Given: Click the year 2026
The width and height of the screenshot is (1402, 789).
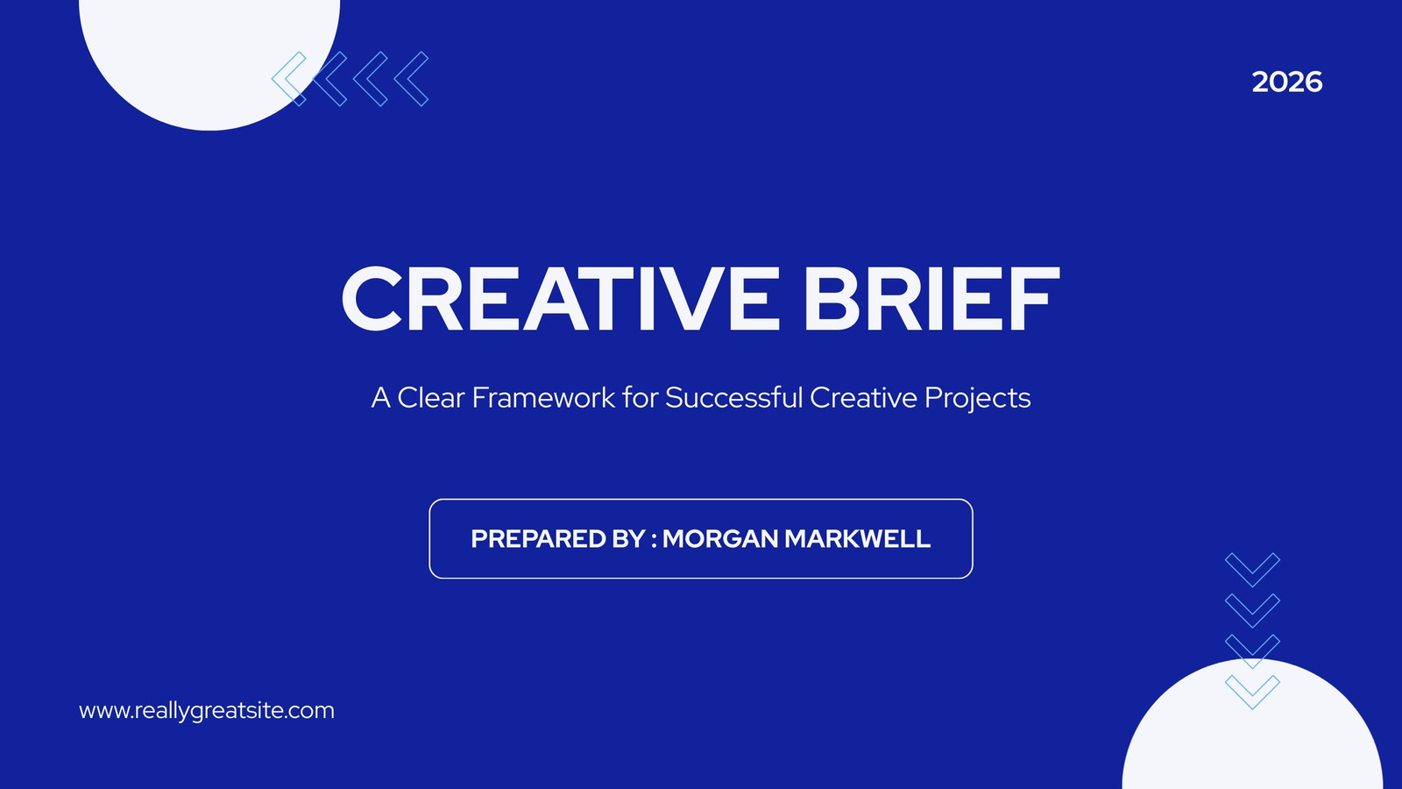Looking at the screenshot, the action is (1287, 82).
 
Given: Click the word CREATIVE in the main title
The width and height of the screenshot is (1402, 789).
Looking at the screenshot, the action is (561, 299).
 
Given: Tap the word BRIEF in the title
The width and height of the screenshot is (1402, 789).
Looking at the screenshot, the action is (932, 299).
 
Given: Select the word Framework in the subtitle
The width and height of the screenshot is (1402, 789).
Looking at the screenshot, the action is (543, 398).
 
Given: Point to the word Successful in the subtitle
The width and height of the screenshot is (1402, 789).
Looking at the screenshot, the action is (733, 398).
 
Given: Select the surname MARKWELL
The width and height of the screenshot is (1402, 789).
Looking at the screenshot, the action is (858, 539).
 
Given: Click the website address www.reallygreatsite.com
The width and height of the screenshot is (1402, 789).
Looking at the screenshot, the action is (207, 711).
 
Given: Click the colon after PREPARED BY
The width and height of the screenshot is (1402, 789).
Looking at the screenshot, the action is (654, 540).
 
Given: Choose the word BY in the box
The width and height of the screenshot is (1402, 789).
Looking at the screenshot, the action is (627, 539).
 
